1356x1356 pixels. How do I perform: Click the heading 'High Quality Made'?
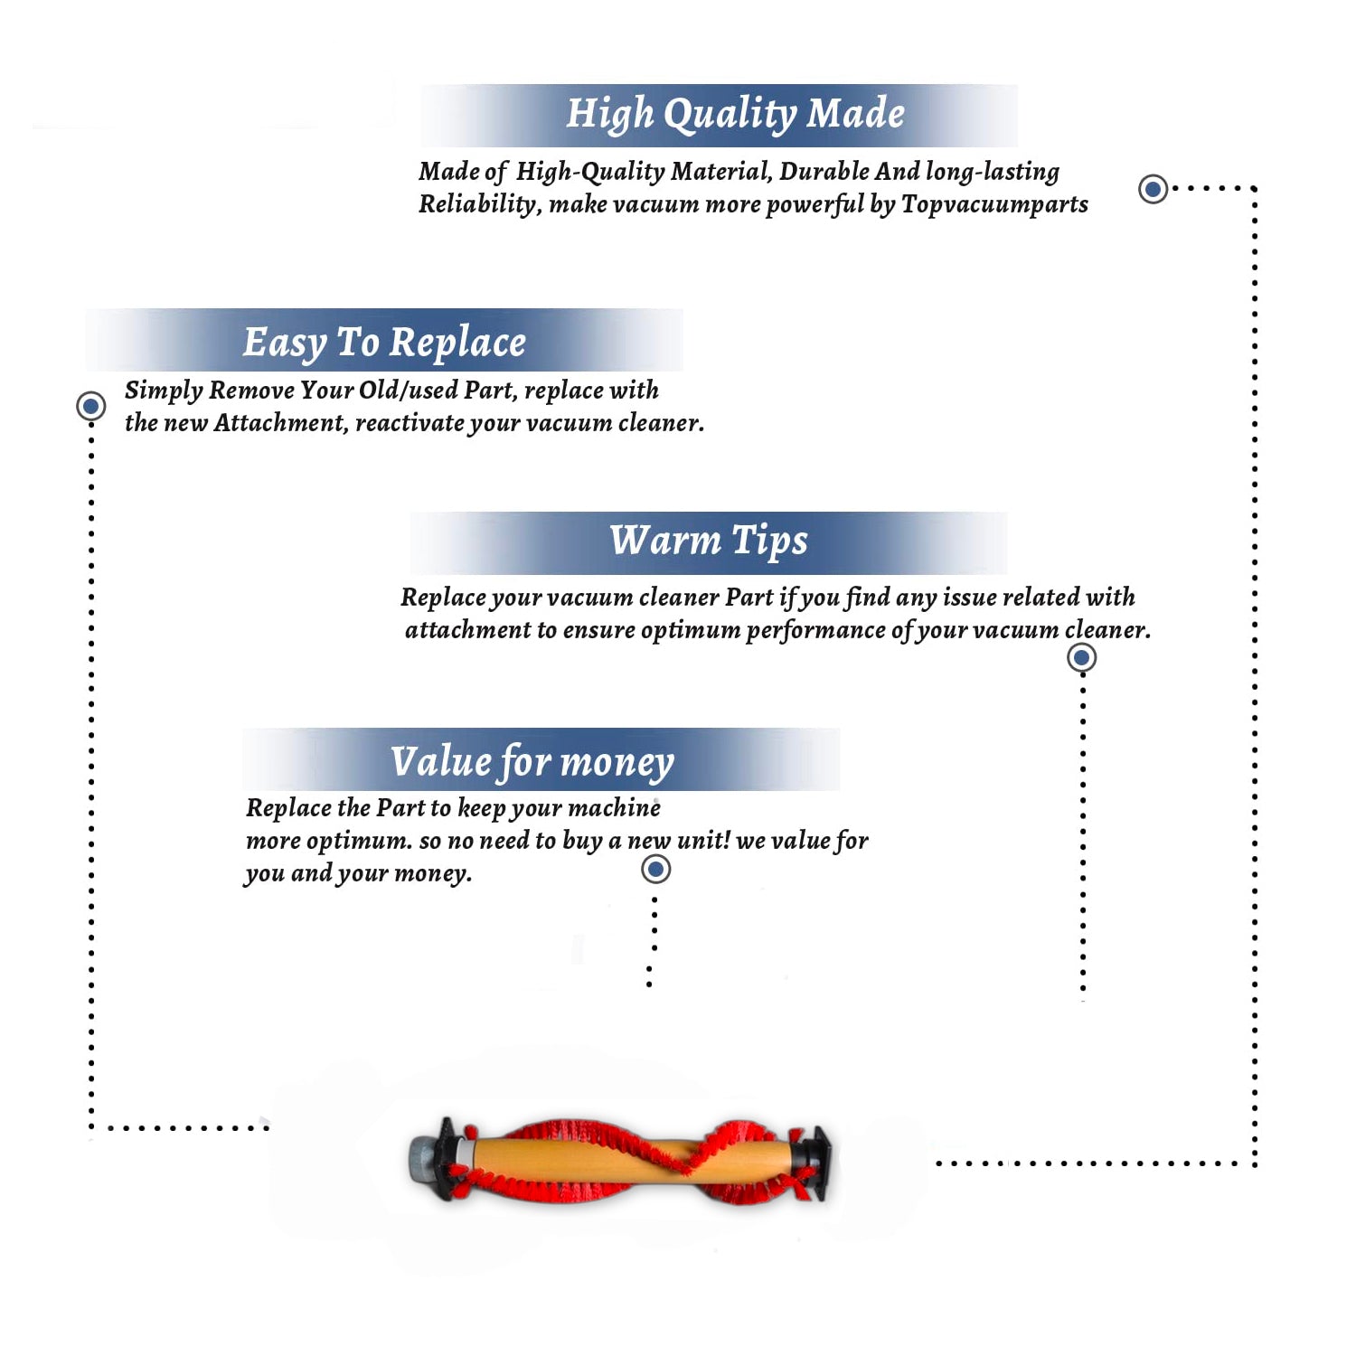click(735, 115)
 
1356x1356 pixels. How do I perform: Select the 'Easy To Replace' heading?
click(384, 343)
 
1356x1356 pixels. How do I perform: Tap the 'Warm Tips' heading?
click(709, 541)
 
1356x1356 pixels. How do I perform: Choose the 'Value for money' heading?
click(532, 761)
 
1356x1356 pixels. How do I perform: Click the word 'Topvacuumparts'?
click(994, 204)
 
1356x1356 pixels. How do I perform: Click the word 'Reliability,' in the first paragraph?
click(480, 204)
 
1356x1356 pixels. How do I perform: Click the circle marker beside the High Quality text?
click(1153, 189)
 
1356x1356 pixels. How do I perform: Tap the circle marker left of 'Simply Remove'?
click(90, 406)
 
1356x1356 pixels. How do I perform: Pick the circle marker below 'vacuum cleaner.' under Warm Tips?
click(1082, 657)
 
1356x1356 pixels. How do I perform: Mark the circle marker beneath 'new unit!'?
click(655, 870)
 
